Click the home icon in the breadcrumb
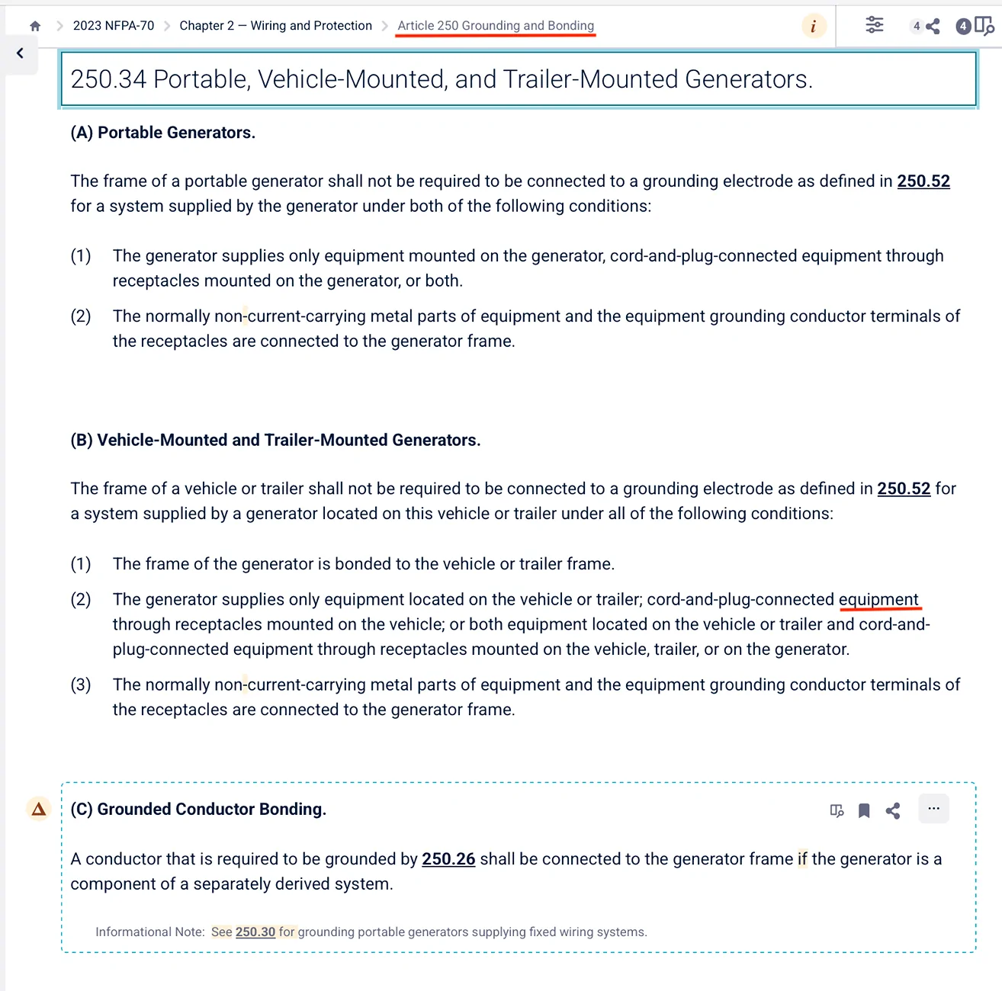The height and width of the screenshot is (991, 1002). (x=35, y=26)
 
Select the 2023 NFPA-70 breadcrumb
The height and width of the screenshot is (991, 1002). (x=114, y=26)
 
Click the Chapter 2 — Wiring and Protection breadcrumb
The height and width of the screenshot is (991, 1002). (x=275, y=26)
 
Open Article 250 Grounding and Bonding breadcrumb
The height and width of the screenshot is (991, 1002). (x=496, y=26)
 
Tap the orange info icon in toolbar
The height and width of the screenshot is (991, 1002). (x=814, y=26)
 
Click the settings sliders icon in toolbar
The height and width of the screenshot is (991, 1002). (x=875, y=26)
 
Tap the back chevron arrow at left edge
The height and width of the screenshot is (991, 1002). (x=20, y=53)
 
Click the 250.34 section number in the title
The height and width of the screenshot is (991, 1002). (x=108, y=79)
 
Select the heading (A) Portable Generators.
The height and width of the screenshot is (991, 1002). (x=162, y=133)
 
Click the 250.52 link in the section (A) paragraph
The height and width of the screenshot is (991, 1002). (x=923, y=181)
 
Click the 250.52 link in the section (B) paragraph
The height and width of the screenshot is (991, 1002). (x=904, y=489)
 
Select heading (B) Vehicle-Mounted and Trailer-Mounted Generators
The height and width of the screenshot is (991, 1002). (x=275, y=441)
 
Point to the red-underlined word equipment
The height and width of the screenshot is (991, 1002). (x=878, y=600)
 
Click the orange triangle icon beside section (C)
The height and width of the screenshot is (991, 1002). (x=39, y=809)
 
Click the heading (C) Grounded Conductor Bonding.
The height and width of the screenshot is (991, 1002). (x=198, y=810)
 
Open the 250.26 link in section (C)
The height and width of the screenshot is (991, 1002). (x=448, y=859)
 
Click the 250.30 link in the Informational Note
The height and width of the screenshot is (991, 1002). (x=255, y=932)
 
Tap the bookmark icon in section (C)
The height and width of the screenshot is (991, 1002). (x=864, y=810)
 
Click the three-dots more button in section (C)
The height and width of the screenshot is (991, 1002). (x=934, y=809)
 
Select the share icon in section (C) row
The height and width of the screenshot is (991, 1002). (x=893, y=810)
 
